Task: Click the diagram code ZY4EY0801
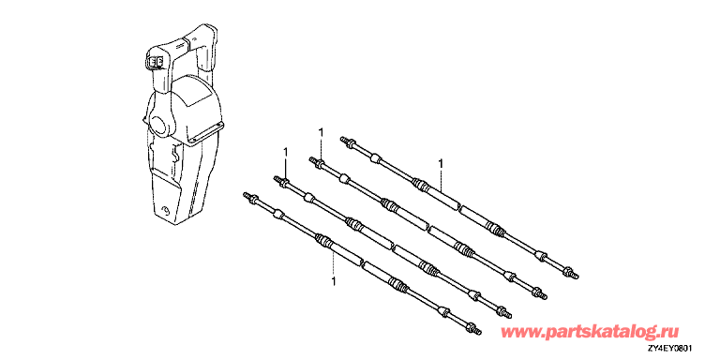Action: [671, 349]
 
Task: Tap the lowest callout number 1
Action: [333, 281]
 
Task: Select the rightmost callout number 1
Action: [441, 163]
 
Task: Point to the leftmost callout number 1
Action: [286, 151]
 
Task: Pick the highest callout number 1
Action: [321, 133]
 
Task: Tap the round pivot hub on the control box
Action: [159, 124]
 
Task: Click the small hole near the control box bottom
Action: [165, 211]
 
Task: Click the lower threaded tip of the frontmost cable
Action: [478, 331]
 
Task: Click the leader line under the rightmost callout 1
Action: [441, 180]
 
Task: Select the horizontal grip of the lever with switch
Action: [169, 47]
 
